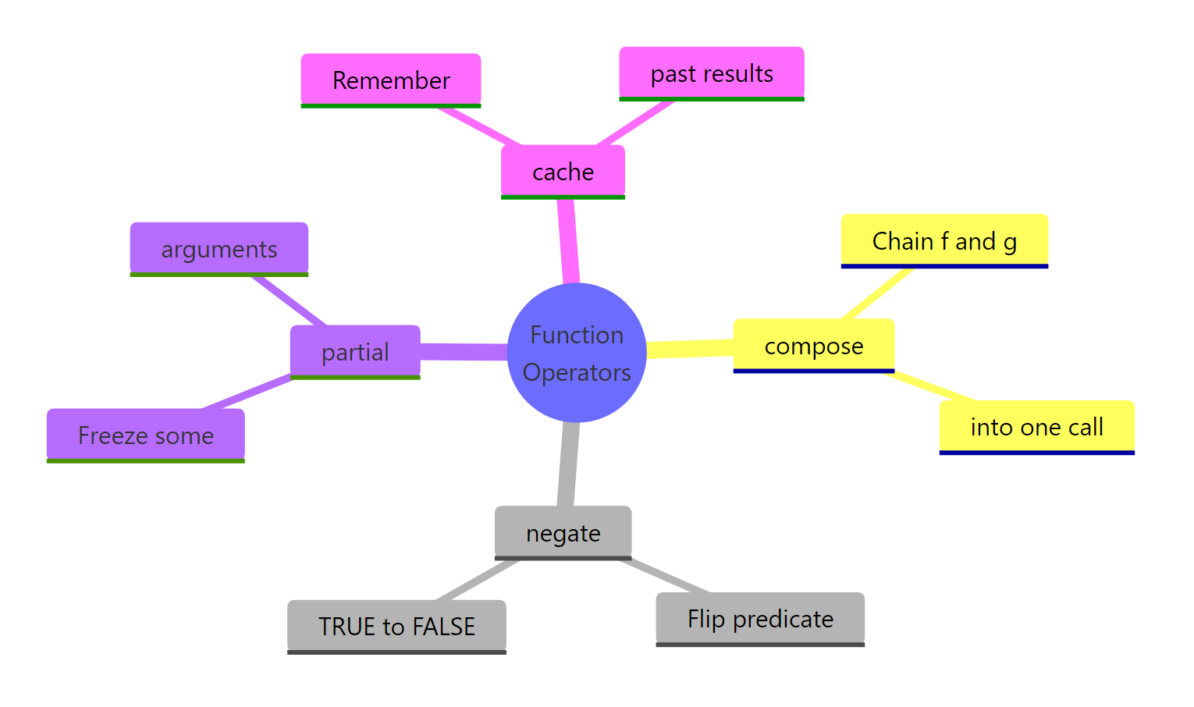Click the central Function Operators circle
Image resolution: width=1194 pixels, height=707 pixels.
(x=577, y=353)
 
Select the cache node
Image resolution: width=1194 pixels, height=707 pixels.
(x=563, y=172)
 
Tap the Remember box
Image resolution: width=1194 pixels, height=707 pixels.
(x=391, y=80)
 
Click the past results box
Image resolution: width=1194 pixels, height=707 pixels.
(x=712, y=74)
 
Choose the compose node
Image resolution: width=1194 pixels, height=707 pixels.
(x=813, y=346)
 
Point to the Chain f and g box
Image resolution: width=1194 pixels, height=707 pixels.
(x=944, y=241)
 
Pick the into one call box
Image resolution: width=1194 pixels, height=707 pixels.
(x=1036, y=427)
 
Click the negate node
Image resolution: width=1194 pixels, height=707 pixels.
(x=563, y=533)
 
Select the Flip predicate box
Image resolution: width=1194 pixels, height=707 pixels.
(x=760, y=619)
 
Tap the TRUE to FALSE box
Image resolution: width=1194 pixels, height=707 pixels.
(x=396, y=627)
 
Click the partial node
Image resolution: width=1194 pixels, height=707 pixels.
(x=355, y=352)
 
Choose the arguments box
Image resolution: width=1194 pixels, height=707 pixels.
(x=219, y=250)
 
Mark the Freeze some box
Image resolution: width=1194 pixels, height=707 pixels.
(x=146, y=435)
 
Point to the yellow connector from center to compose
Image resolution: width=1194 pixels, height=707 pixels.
(x=691, y=349)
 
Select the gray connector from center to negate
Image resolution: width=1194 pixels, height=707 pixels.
(x=569, y=464)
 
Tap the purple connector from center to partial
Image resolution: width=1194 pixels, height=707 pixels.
(x=464, y=352)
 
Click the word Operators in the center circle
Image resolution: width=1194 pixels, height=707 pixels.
(x=577, y=373)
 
